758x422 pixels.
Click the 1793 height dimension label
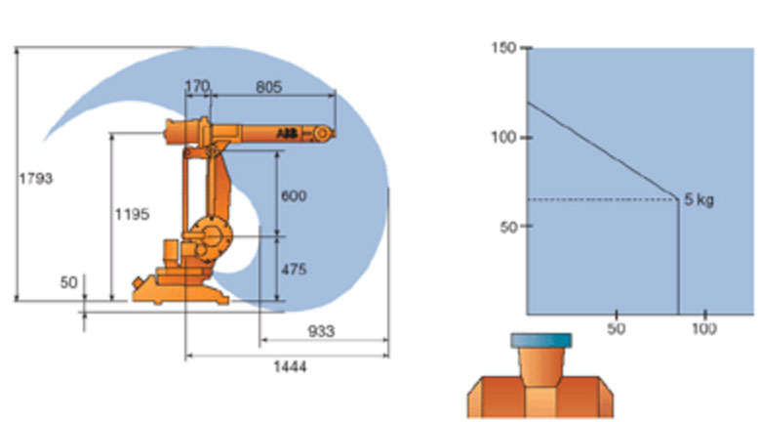click(36, 179)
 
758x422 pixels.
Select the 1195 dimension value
click(132, 214)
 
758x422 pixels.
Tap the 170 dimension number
click(197, 86)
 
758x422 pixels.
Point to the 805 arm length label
click(268, 87)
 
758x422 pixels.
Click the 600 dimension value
click(294, 195)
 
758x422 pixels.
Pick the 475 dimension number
click(294, 269)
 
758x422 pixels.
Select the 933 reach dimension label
click(321, 331)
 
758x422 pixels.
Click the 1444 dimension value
click(290, 367)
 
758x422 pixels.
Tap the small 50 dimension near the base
click(68, 282)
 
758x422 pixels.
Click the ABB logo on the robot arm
click(287, 133)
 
